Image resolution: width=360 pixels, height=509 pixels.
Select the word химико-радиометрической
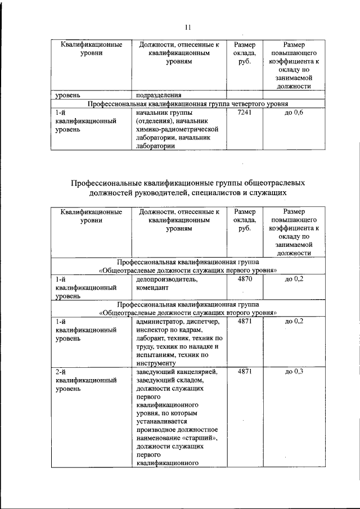177,129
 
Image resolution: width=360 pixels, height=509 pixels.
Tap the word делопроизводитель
166,279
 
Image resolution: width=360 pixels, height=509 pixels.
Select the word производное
156,430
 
